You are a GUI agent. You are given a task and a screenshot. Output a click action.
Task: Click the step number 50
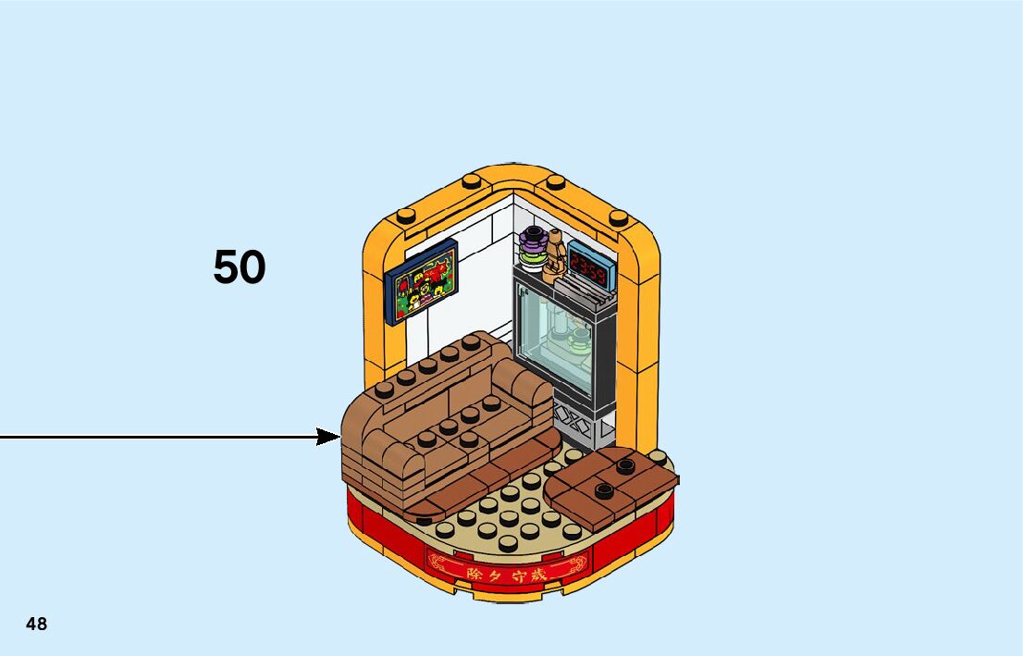pos(239,266)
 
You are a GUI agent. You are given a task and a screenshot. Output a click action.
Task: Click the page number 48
pos(36,624)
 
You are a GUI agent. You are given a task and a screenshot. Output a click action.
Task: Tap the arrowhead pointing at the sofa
pos(329,436)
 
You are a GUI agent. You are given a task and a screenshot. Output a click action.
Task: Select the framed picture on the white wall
pos(424,281)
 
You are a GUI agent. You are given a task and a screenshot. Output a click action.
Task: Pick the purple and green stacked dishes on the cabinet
pos(532,247)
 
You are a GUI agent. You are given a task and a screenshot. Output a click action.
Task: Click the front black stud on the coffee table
pos(605,490)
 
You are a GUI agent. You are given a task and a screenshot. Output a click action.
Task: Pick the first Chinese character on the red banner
pos(450,574)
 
